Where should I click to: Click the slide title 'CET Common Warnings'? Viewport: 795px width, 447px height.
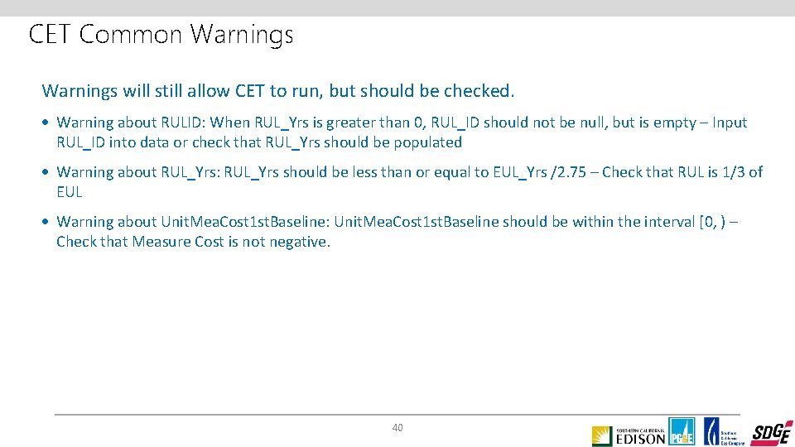(x=161, y=35)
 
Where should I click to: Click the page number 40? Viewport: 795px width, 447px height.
(x=397, y=428)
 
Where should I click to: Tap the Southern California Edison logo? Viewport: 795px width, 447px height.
(x=629, y=435)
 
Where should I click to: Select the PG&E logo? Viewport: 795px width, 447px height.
(x=682, y=431)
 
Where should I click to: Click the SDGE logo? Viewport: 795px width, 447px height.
(x=772, y=433)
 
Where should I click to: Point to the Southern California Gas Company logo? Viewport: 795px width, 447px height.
(x=725, y=431)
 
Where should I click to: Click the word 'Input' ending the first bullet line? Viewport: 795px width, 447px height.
(x=730, y=123)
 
